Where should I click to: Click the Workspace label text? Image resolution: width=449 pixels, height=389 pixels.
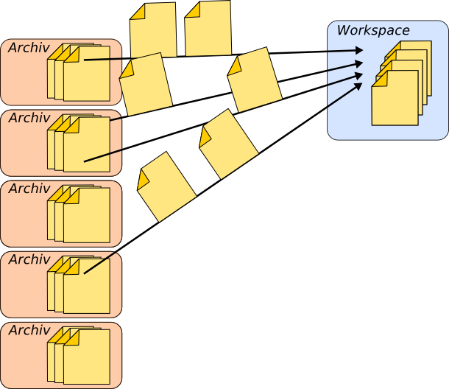373,31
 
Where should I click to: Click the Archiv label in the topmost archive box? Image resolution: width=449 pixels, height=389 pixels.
29,48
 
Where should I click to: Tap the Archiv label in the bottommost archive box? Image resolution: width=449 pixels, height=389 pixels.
29,331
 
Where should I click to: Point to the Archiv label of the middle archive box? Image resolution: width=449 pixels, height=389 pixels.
29,189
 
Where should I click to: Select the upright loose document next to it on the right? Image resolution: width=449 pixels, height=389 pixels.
208,29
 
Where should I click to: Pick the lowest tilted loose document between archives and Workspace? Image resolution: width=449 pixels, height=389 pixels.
166,187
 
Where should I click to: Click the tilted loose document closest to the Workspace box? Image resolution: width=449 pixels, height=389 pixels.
255,80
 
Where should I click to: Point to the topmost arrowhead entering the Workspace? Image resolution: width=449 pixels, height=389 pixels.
359,50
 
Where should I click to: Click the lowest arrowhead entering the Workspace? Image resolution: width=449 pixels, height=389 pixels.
358,85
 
